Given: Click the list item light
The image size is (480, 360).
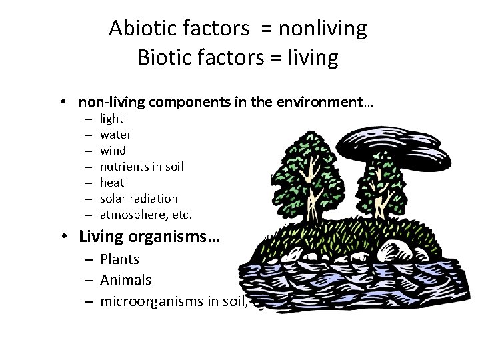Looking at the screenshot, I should [111, 119].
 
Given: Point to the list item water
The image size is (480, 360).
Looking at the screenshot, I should [115, 135].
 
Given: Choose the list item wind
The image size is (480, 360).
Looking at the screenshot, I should [113, 151].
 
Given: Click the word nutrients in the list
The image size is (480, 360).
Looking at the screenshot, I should [124, 167].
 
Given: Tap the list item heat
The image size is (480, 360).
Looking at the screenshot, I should [112, 183].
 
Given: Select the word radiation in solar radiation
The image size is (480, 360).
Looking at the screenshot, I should [155, 199].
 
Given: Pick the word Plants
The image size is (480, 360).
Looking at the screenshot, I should [120, 259].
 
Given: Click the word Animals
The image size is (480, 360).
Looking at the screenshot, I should [125, 281].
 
